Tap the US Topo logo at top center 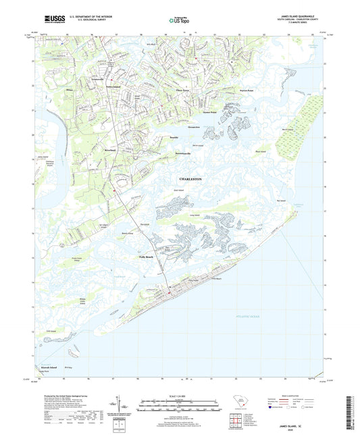[176, 22]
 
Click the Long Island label [195, 215]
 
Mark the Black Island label [261, 151]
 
